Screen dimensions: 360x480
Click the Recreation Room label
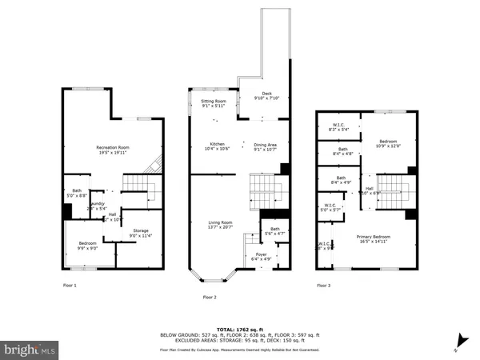coord(113,148)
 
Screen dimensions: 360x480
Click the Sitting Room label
coord(213,102)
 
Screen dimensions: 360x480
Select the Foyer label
coord(255,255)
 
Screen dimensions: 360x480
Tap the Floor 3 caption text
coord(323,285)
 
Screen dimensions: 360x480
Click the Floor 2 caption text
coord(210,297)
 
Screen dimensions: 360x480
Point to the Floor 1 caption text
coord(70,285)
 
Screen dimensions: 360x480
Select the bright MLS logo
coord(30,350)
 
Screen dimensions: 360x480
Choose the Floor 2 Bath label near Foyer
coord(275,230)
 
